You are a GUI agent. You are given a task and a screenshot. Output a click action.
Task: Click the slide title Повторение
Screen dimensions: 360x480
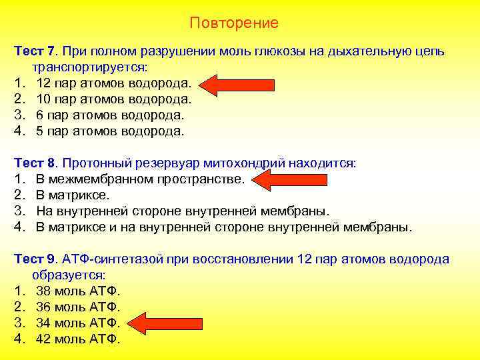point(234,23)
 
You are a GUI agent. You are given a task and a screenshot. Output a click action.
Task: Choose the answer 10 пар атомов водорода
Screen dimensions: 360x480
point(114,99)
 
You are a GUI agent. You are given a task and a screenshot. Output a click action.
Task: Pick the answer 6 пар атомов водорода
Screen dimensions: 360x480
point(110,115)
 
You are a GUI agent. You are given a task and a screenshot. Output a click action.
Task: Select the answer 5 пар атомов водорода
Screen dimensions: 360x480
point(110,131)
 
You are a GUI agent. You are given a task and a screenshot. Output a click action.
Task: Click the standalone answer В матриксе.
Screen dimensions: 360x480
point(72,195)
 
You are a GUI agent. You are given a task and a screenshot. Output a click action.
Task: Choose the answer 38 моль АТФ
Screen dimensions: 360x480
point(78,291)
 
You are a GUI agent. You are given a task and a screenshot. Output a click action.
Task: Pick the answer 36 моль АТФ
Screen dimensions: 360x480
point(78,307)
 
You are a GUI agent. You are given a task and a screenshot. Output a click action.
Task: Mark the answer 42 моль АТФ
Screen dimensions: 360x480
point(78,339)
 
